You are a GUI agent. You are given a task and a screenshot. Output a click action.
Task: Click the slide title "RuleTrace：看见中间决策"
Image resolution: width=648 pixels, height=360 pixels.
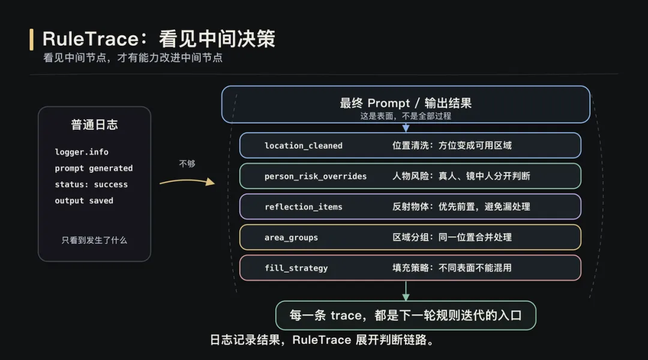pos(159,39)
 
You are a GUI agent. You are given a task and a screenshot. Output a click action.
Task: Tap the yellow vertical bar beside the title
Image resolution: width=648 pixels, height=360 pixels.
pos(31,39)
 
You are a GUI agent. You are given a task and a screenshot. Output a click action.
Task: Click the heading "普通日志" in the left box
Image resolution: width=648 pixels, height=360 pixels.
pos(94,125)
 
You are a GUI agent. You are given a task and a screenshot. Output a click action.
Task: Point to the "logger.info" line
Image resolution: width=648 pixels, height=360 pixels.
pos(82,152)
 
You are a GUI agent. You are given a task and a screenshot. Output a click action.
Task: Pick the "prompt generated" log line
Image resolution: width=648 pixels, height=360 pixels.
pos(94,168)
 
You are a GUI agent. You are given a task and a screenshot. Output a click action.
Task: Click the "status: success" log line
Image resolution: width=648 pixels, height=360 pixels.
pos(91,184)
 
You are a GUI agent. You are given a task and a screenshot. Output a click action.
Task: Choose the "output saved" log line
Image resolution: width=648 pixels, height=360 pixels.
pos(84,200)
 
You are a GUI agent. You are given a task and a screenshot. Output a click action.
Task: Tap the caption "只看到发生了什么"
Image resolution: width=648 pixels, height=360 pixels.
pos(94,240)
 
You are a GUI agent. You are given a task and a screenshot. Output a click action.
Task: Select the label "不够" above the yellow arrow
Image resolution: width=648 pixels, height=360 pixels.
pos(187,163)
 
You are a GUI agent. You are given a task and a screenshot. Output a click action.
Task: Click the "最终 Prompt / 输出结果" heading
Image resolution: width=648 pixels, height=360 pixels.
pos(406,103)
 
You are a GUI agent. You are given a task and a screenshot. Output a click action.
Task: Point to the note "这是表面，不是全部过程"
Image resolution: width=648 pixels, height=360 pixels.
pos(406,116)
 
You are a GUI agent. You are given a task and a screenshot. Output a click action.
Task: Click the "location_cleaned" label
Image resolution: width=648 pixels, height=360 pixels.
pos(304,145)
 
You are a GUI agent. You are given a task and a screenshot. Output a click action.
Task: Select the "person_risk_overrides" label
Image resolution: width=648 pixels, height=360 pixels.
pos(316,176)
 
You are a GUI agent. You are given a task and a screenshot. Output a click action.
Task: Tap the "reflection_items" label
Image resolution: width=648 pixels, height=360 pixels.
pos(304,207)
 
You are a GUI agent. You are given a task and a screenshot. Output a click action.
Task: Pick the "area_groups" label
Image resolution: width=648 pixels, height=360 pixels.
pos(291,238)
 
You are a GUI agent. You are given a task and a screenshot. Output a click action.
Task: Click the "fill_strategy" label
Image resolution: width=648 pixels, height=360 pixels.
pos(296,268)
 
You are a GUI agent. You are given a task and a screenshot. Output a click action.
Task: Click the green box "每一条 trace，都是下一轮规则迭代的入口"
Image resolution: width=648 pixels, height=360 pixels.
pos(406,315)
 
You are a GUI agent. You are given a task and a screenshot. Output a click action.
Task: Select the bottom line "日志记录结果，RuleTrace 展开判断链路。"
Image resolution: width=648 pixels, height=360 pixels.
pos(322,340)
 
